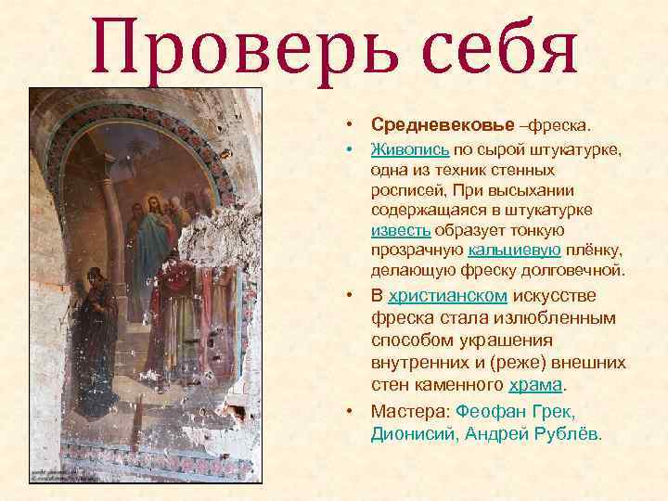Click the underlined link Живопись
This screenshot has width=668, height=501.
click(x=410, y=148)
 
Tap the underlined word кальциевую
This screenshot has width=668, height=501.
click(x=514, y=250)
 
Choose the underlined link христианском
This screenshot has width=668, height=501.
click(x=447, y=296)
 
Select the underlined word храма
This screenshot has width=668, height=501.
click(x=536, y=384)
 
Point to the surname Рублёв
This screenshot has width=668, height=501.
click(x=566, y=433)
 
